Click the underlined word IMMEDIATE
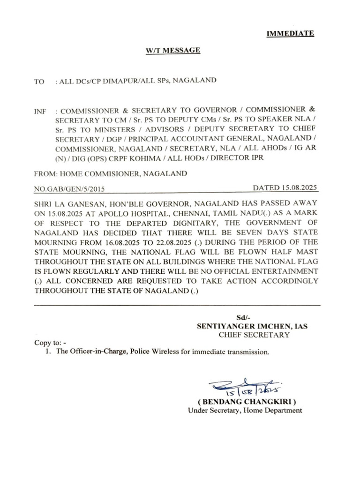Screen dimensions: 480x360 (290, 33)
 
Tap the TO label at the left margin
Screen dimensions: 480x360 (39, 82)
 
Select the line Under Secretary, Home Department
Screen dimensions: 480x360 (245, 410)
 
